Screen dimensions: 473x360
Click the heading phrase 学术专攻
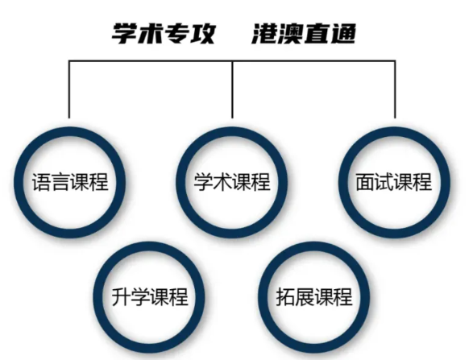[x=164, y=34]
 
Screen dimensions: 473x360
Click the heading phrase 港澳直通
[x=304, y=34]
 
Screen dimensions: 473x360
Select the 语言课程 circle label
[x=70, y=182]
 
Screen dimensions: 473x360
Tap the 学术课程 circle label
[x=232, y=182]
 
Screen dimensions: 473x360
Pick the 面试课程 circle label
[x=394, y=182]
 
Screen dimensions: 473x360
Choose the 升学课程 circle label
[x=150, y=296]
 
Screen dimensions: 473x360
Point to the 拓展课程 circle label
[x=314, y=296]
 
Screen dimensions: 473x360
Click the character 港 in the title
[x=264, y=34]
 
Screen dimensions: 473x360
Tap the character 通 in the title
[x=343, y=34]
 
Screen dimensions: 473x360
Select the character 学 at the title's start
[x=124, y=34]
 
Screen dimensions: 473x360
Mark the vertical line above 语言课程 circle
[x=69, y=89]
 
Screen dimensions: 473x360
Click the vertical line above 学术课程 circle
[x=232, y=89]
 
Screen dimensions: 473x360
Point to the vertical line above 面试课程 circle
[x=395, y=89]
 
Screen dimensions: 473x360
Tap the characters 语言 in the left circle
[x=51, y=182]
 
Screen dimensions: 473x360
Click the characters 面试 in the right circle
[x=375, y=182]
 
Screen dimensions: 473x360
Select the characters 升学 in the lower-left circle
[x=131, y=296]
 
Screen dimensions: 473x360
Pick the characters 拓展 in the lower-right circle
[x=295, y=296]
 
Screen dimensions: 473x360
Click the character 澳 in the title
[x=291, y=34]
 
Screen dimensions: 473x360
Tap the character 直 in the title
[x=317, y=34]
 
